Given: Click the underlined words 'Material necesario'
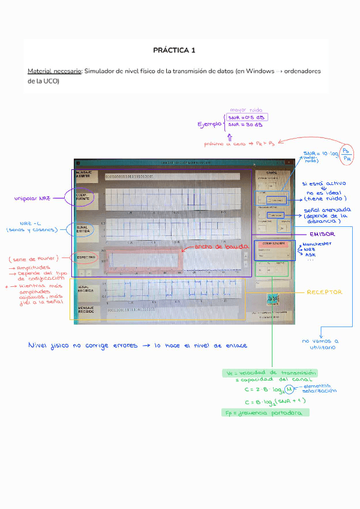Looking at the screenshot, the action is (55, 71).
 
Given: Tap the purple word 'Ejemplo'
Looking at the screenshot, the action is (211, 125).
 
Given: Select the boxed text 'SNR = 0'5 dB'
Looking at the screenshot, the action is (247, 118).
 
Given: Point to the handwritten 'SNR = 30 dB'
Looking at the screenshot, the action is (245, 125).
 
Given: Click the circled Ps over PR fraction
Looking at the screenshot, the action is (347, 154).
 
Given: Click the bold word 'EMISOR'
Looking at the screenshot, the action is (322, 233).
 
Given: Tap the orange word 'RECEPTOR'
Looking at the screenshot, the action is (325, 292).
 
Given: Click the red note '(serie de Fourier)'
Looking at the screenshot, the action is (33, 259).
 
